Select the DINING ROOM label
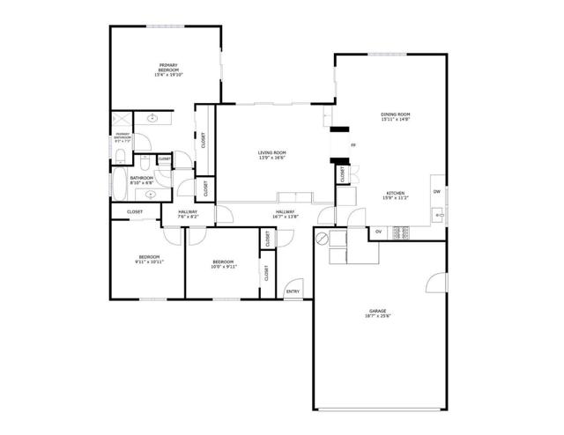[x=396, y=114]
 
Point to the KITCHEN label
[x=395, y=193]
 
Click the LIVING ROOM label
[x=271, y=153]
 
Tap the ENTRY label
[x=293, y=292]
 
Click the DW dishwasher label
[x=435, y=191]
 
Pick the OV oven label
[x=379, y=232]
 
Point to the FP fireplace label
[x=352, y=144]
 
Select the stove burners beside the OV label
[x=401, y=232]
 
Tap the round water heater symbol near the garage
[x=323, y=239]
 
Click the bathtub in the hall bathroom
[x=119, y=186]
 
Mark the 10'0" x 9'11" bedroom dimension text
[x=223, y=265]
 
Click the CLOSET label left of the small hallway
[x=135, y=212]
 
